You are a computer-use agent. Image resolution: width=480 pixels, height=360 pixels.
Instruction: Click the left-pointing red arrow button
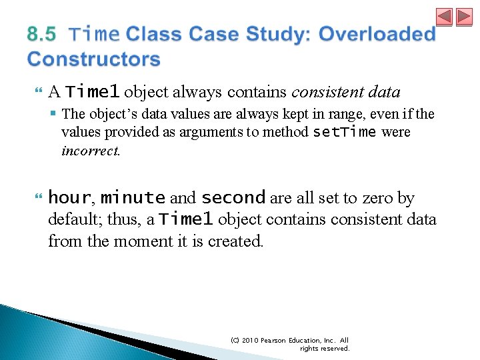tap(445, 17)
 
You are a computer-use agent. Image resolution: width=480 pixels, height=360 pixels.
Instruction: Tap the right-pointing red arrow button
tap(463, 17)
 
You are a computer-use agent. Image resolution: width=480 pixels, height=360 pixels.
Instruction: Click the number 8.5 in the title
tap(42, 33)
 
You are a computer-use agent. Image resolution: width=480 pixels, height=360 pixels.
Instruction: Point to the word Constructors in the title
tap(94, 59)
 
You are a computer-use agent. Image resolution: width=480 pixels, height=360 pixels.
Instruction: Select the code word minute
tap(133, 198)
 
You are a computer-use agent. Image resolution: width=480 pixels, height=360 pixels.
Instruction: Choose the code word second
tap(233, 198)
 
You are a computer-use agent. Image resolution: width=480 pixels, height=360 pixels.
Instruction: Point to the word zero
tap(380, 198)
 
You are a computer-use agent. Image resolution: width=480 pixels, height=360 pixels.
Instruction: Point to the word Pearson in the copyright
tap(278, 340)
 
